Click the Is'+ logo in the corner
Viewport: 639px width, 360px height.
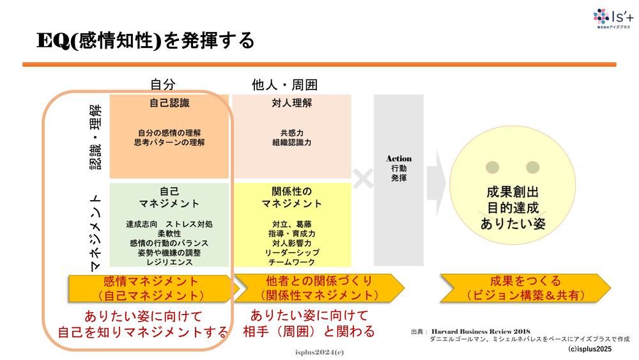point(612,19)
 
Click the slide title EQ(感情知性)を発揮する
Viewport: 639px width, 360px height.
point(145,40)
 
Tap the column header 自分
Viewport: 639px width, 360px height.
point(162,84)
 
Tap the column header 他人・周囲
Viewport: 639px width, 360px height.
point(285,84)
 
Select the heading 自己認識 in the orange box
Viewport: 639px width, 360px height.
point(169,102)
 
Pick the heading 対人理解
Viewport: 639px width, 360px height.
point(291,102)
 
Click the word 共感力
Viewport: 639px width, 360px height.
point(291,133)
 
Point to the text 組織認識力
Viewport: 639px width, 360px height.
point(291,143)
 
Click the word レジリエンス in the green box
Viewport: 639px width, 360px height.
point(169,262)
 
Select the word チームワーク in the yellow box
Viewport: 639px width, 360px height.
point(291,262)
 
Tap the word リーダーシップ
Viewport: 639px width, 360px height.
point(291,253)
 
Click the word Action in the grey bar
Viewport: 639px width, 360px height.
point(399,158)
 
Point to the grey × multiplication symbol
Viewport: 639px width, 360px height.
point(363,179)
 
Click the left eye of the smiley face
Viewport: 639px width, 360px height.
point(492,168)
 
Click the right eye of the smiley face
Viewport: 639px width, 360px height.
point(532,168)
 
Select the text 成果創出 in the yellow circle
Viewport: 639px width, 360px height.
point(512,192)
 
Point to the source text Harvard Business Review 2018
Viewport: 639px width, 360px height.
point(477,331)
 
